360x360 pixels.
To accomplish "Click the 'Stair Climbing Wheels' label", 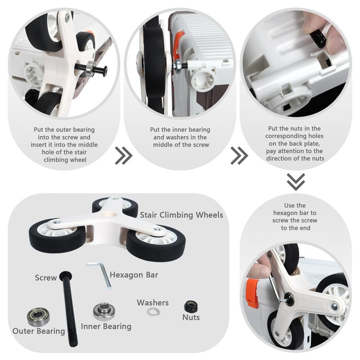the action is point(181,215).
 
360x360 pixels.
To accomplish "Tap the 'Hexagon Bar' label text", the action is point(134,275).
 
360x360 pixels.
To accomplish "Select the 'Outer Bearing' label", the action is point(39,331).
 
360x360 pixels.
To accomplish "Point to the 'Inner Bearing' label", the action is point(106,326).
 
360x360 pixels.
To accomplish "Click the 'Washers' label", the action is point(153,302).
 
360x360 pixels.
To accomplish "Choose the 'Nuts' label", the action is point(191,317).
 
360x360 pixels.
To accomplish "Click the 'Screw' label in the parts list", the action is point(46,278).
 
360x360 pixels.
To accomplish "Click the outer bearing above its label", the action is point(38,317).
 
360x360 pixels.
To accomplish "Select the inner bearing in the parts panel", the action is point(104,311).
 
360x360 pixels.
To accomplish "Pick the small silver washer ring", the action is point(153,312).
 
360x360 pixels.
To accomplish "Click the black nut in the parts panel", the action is point(191,306).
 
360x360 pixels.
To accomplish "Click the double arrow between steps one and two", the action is point(123,156).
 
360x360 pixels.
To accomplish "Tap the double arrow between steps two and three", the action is point(239,156).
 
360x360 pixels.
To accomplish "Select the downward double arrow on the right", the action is point(296,182).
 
